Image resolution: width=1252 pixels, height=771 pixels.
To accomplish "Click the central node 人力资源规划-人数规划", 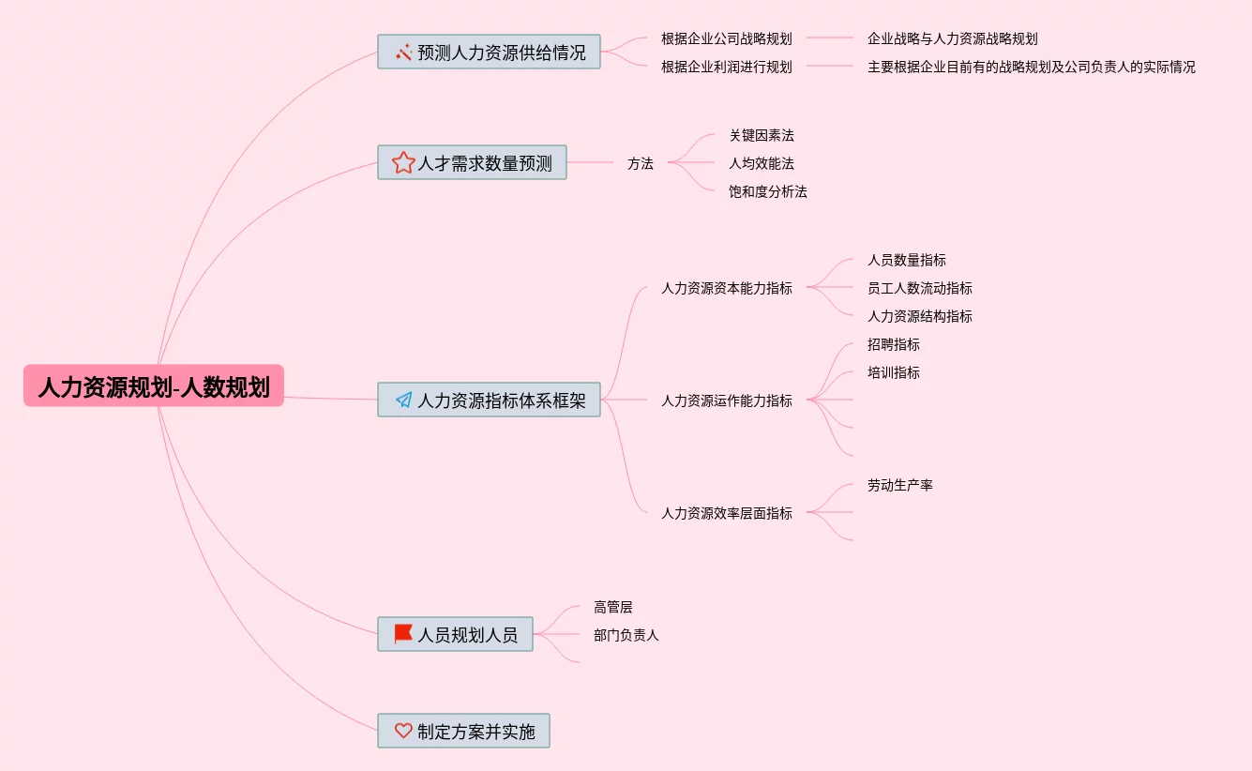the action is pos(154,385).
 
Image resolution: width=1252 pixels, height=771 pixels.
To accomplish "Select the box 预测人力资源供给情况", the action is pos(489,52).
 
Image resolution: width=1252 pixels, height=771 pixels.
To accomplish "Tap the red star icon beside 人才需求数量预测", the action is pos(403,162).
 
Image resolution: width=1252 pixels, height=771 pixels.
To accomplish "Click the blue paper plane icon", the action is pos(403,400).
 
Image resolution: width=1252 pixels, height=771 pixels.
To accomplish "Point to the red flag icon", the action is pos(403,634).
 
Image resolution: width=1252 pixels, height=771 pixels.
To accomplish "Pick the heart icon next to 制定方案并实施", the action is pos(403,731).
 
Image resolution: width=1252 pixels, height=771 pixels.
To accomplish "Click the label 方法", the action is pos(640,163).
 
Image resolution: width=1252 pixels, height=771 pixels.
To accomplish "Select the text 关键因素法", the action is pos(762,135).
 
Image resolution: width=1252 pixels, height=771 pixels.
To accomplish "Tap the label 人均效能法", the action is pos(762,163).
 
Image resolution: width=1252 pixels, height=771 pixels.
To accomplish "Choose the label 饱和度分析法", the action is pos(767,191).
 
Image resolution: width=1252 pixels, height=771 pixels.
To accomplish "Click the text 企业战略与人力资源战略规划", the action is pos(953,38).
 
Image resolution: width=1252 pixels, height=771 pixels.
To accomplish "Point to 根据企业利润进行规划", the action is pos(727,68).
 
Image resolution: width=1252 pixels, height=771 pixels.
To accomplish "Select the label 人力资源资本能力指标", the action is pos(727,288).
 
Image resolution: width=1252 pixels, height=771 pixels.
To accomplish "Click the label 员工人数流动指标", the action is pos(919,288).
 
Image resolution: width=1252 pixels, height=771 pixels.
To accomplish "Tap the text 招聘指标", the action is pos(893,344).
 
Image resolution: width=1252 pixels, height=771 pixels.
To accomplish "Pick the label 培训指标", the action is pos(893,372).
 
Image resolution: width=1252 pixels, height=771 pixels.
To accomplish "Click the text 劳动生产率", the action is pos(900,485).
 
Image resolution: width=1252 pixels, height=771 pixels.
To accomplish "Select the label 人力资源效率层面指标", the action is pos(727,513).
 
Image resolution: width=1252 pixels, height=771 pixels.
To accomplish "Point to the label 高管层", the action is pos(612,607).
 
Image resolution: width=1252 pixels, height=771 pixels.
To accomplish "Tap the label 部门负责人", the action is pos(626,635).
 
